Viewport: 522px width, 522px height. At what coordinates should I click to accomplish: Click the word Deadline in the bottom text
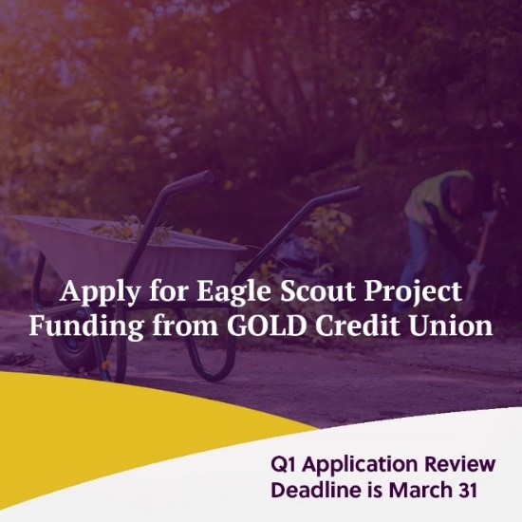[x=315, y=492]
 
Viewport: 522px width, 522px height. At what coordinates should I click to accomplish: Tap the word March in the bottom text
[x=430, y=492]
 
